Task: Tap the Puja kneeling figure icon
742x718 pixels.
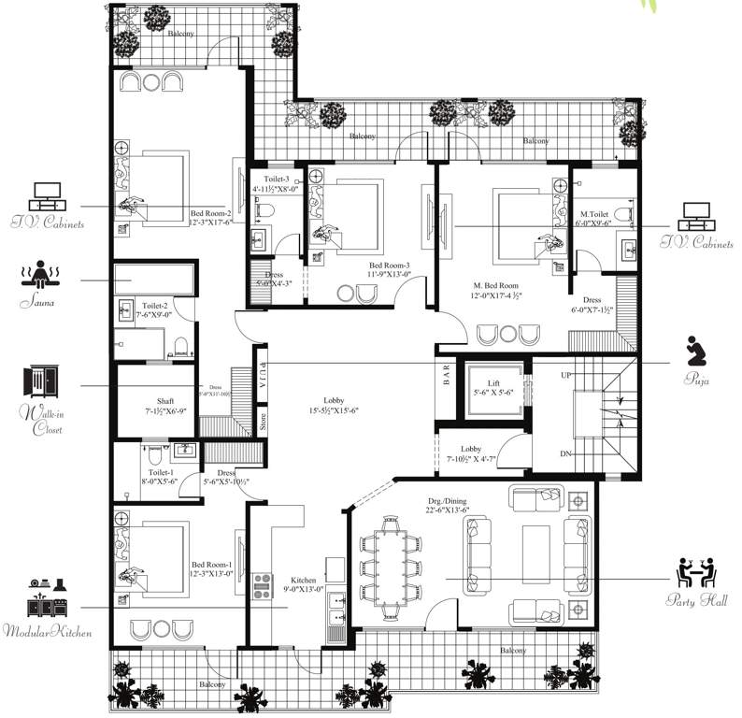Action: [692, 350]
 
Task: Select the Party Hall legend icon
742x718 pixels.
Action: [695, 572]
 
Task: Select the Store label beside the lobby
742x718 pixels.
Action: [263, 419]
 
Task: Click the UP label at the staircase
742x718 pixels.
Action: [564, 374]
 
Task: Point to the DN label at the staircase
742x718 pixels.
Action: [564, 453]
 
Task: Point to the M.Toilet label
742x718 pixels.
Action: [594, 214]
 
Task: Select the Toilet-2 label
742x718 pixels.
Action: [154, 306]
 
